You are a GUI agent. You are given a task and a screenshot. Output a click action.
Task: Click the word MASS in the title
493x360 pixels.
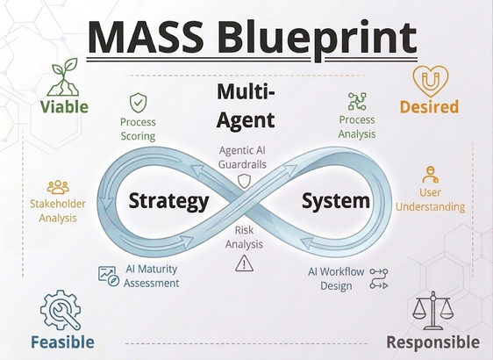146,37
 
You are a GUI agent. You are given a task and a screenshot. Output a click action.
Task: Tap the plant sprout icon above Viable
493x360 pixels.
64,77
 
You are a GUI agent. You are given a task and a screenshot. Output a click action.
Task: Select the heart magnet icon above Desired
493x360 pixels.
430,81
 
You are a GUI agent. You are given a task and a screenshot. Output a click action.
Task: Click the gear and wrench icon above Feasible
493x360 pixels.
61,310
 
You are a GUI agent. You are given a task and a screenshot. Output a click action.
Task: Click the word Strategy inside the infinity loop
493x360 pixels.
168,201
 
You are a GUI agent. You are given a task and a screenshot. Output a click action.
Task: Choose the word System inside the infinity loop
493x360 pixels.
336,201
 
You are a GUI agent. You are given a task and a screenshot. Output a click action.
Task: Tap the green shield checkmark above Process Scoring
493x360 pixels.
138,103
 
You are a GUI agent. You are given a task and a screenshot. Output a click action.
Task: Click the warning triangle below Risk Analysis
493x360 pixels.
244,263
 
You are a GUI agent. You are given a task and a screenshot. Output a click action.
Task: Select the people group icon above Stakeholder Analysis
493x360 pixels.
58,187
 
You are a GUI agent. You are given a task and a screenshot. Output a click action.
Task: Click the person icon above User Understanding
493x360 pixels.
430,175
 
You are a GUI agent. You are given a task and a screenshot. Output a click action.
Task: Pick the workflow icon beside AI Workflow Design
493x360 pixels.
379,278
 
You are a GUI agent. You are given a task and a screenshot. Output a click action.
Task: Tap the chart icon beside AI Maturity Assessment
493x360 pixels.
109,276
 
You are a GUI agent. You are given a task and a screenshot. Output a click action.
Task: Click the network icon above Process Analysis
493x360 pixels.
357,101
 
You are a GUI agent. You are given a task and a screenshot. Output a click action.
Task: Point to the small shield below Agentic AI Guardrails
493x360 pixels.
244,181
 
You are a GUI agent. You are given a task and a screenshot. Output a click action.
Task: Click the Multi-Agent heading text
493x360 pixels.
246,106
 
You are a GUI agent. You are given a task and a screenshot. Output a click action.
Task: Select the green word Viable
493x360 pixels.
64,106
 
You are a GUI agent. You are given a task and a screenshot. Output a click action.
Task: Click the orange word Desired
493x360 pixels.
429,106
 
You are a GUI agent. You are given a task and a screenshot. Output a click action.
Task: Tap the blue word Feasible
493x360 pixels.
62,342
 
